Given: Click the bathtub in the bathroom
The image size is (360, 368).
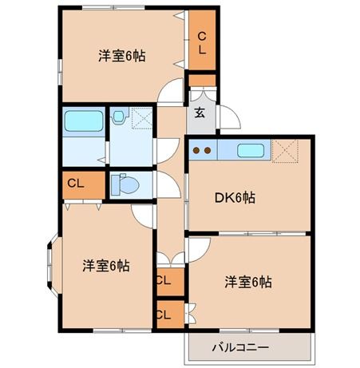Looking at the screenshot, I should (x=83, y=122).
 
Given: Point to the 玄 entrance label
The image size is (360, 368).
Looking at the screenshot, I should (x=200, y=113).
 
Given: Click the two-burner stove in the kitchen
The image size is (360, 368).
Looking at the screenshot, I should (x=203, y=149).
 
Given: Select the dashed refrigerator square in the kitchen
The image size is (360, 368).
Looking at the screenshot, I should (x=284, y=149).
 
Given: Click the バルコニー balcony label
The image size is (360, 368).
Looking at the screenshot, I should (x=240, y=347).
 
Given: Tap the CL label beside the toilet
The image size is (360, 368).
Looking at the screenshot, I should (x=76, y=184).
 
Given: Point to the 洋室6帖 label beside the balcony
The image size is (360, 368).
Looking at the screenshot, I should (x=247, y=282).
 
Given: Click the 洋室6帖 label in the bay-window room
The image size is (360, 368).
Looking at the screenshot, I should (x=106, y=266).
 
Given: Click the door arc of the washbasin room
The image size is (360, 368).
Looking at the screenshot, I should (x=165, y=148).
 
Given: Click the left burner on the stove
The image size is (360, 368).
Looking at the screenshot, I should (x=197, y=149).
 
